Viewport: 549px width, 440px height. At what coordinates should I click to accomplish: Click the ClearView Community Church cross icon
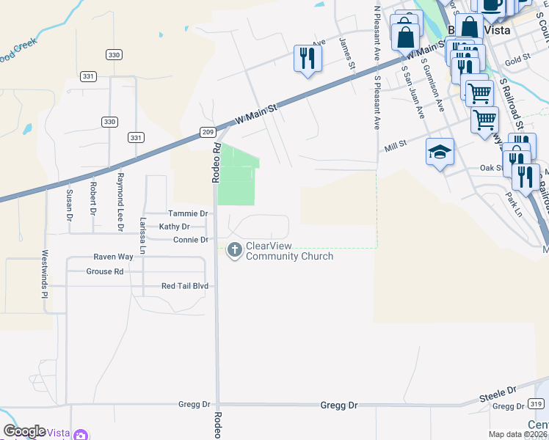pyautogui.click(x=235, y=250)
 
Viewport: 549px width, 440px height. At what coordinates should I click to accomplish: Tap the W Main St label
pyautogui.click(x=256, y=114)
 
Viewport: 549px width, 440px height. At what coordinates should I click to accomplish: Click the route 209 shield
pyautogui.click(x=208, y=132)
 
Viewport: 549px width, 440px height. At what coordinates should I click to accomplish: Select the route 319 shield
pyautogui.click(x=536, y=404)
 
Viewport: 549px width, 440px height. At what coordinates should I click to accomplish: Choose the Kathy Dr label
pyautogui.click(x=174, y=227)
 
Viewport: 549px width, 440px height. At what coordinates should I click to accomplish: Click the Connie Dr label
pyautogui.click(x=192, y=240)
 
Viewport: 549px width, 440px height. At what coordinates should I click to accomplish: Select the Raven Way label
pyautogui.click(x=113, y=257)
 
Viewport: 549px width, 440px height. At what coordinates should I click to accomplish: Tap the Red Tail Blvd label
pyautogui.click(x=185, y=286)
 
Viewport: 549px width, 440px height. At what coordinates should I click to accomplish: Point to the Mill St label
pyautogui.click(x=396, y=148)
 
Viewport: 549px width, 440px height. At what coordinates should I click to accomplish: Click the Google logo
pyautogui.click(x=24, y=431)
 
